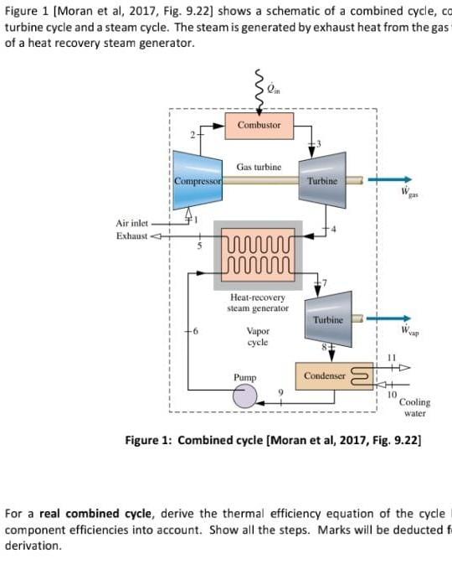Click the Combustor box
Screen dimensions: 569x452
pos(259,125)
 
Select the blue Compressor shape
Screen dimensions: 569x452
pos(198,180)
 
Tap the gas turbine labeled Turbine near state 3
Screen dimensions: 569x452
pos(322,180)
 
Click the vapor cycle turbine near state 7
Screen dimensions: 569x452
pos(327,319)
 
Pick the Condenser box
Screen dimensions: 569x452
pos(325,376)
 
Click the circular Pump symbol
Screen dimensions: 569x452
pos(244,395)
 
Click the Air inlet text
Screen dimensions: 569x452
pos(131,223)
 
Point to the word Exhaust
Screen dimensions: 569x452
pos(131,235)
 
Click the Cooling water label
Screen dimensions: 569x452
pos(414,408)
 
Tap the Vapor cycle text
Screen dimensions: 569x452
pos(258,337)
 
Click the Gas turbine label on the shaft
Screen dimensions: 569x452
pos(259,167)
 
